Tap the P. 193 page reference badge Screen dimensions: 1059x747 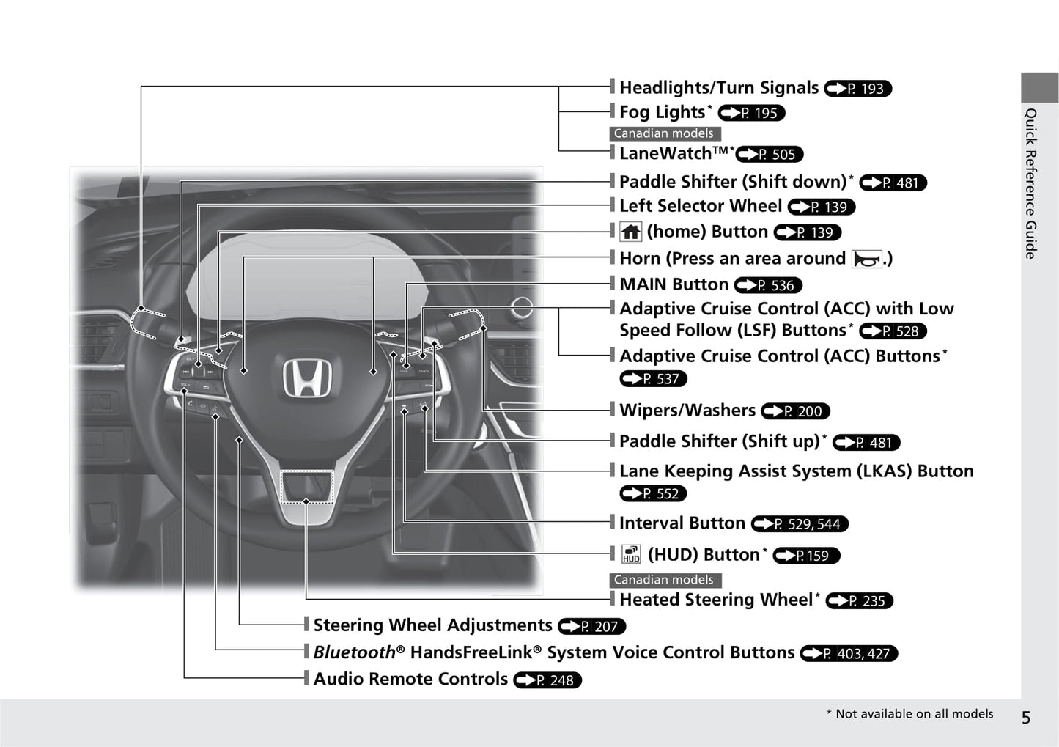tap(857, 89)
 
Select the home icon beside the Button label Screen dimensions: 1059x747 tap(631, 232)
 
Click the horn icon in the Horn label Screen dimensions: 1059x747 tap(866, 259)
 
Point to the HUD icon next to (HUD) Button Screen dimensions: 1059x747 tap(631, 555)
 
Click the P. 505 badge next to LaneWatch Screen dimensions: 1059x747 tap(770, 154)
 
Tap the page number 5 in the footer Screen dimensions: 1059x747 tap(1025, 718)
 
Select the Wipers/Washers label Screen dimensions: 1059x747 tap(687, 411)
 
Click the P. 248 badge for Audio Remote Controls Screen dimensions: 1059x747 tap(547, 680)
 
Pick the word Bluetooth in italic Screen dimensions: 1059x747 tap(354, 652)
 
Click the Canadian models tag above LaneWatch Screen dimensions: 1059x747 tap(665, 134)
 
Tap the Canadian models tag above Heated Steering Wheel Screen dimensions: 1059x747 tap(665, 580)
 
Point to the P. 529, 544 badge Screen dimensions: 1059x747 tap(800, 524)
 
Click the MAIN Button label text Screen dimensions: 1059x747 tap(674, 284)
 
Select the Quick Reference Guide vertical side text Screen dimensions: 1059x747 tap(1030, 183)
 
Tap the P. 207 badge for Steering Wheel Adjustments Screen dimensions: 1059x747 tap(592, 627)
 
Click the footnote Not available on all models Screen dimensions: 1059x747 tap(909, 714)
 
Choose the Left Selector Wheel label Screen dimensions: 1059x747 tap(700, 206)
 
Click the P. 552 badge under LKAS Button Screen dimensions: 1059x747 tap(653, 493)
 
